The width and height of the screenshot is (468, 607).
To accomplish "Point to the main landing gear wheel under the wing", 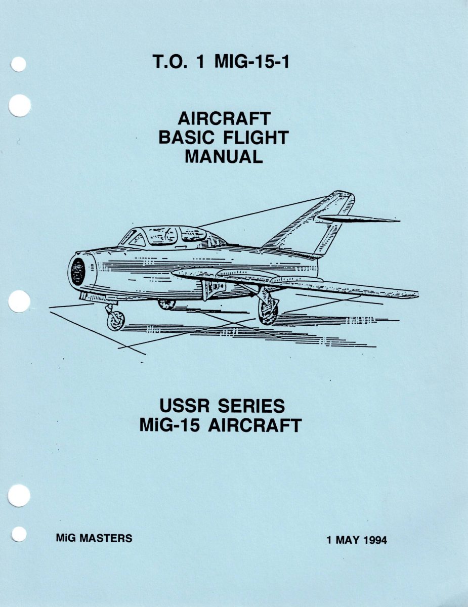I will coord(268,310).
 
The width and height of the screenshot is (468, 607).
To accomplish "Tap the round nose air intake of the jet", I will coord(77,271).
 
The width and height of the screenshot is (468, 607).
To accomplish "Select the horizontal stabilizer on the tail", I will coord(357,219).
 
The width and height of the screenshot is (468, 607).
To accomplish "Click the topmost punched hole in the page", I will coord(18,65).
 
